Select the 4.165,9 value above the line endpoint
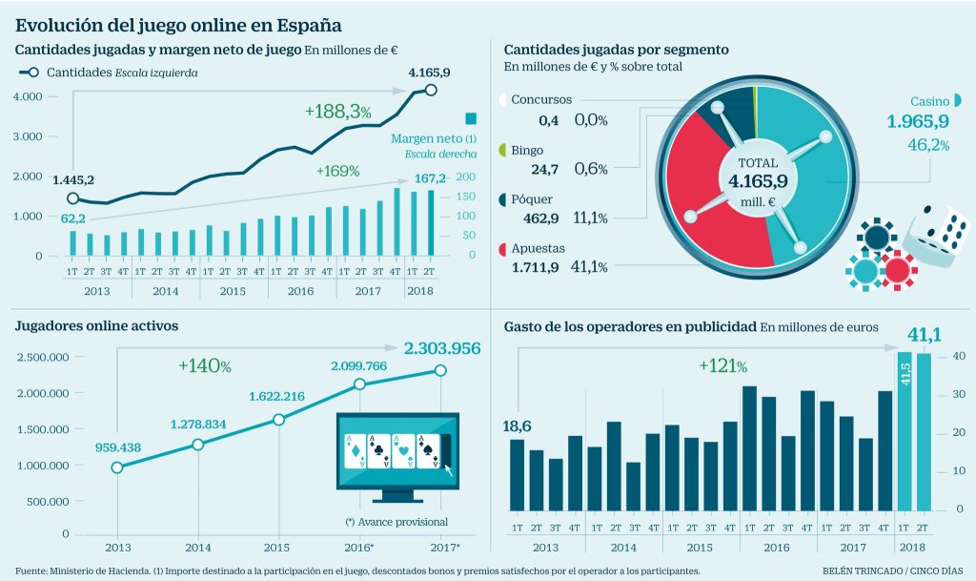429,72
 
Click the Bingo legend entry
527,151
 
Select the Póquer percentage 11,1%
591,218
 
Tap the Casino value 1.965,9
918,121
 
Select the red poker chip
897,270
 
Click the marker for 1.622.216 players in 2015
279,420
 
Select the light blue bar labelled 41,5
905,439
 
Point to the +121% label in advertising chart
722,366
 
